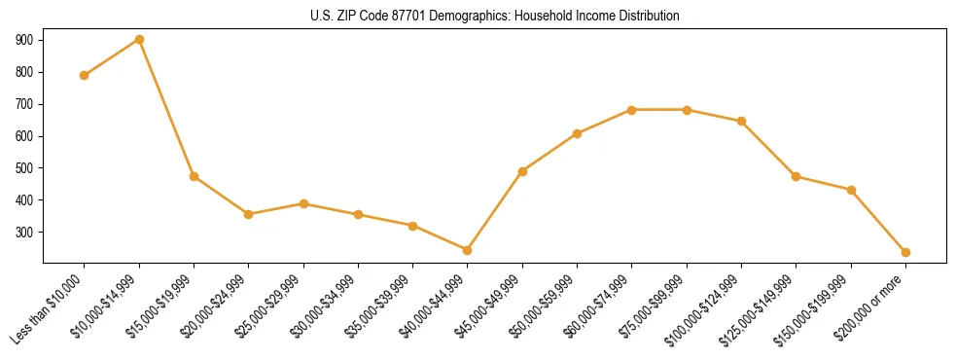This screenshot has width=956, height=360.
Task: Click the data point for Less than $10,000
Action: (x=85, y=75)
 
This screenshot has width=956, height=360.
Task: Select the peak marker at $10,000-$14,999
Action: (x=139, y=40)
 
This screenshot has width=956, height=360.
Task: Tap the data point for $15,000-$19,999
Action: (x=195, y=176)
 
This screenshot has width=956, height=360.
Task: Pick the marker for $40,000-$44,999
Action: (x=468, y=250)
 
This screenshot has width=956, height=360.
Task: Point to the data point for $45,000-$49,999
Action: (x=523, y=171)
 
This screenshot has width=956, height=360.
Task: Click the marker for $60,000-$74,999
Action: (x=632, y=110)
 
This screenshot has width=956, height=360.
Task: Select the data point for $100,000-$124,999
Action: (x=742, y=122)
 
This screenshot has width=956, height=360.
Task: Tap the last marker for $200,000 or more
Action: (x=905, y=252)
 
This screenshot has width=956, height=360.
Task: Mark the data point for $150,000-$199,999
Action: (x=851, y=190)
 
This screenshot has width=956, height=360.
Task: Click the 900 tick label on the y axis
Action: (x=24, y=40)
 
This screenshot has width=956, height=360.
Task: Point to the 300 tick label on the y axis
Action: (x=24, y=233)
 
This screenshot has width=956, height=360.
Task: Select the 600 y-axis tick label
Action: (x=24, y=136)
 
